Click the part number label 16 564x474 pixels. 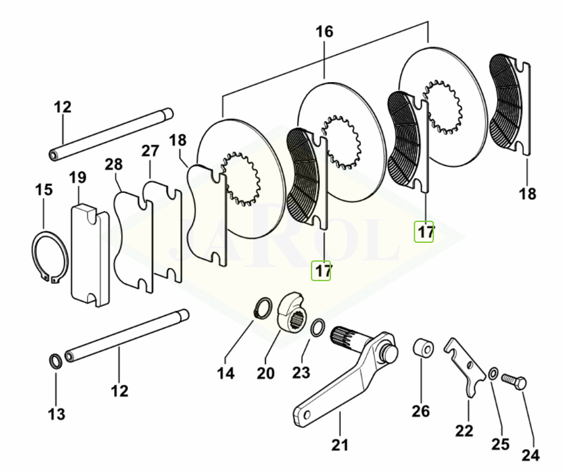(x=324, y=31)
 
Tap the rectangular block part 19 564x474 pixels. (x=90, y=254)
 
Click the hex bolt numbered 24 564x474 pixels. (x=515, y=381)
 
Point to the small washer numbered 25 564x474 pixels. (x=492, y=374)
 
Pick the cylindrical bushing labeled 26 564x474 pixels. (x=423, y=348)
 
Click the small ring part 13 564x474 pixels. (x=54, y=361)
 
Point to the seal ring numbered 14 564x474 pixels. (x=264, y=307)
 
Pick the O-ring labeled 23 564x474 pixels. (x=316, y=327)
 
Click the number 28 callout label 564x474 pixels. (x=114, y=165)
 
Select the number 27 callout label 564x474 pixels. (x=151, y=152)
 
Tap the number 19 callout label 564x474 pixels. (x=77, y=178)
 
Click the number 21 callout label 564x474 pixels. (x=340, y=444)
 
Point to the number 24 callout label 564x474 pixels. (x=531, y=456)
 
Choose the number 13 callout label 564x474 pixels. (x=56, y=414)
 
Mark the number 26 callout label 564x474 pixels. (x=421, y=411)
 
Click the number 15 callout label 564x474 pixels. (x=43, y=189)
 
